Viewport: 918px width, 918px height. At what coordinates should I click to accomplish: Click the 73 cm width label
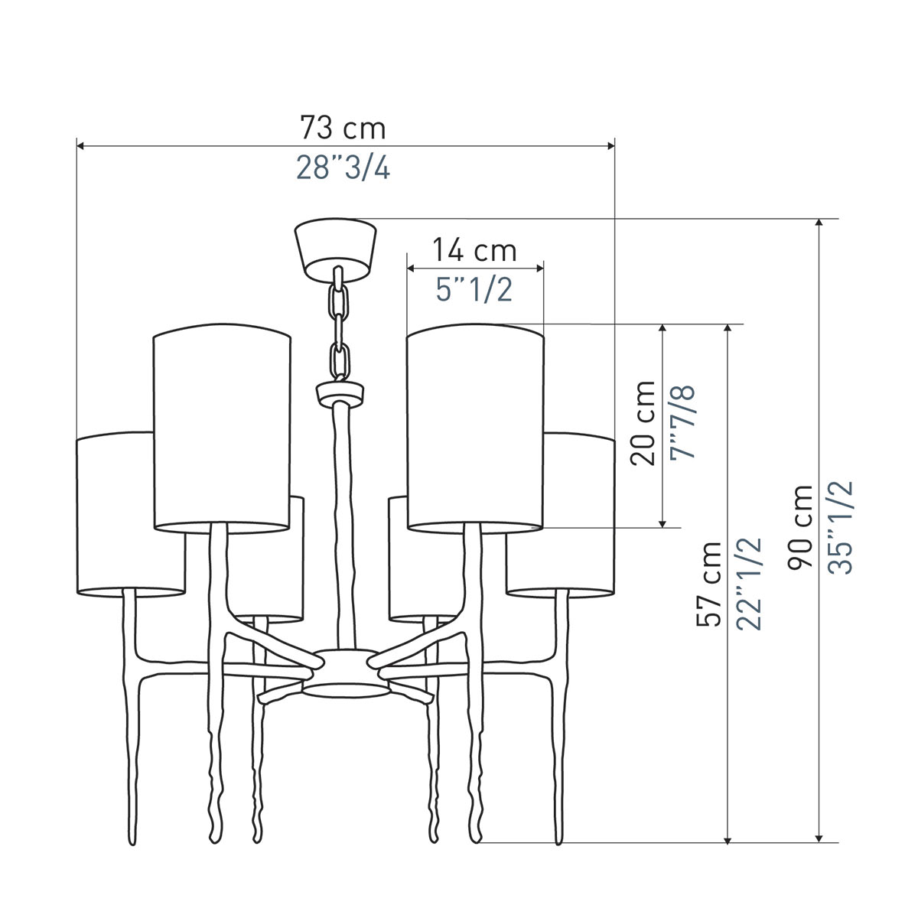[343, 128]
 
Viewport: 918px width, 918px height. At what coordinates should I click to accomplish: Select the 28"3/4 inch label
[343, 168]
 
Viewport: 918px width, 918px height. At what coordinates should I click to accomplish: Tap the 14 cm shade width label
[474, 251]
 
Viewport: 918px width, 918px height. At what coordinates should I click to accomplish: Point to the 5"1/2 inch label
[474, 290]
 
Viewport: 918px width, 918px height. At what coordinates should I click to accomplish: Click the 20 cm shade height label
[643, 423]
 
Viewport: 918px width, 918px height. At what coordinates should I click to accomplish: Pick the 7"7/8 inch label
[682, 423]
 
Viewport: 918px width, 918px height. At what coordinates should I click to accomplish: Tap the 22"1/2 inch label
[750, 584]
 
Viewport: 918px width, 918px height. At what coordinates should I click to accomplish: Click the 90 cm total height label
[800, 527]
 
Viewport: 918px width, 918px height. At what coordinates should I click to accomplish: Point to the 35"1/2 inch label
[840, 527]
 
